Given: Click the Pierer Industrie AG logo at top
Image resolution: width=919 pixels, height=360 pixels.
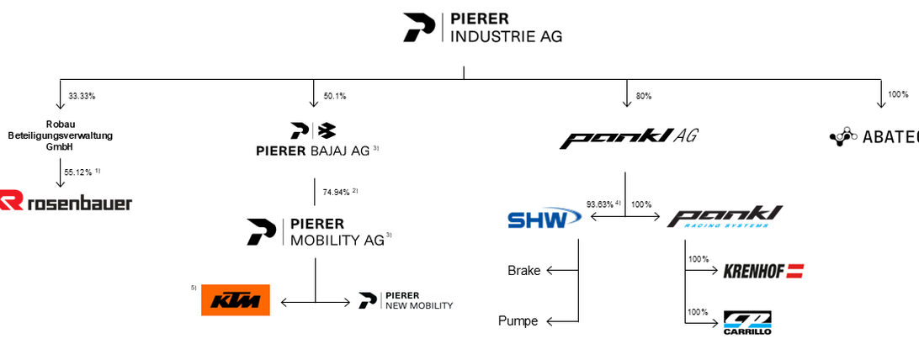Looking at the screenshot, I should pyautogui.click(x=482, y=27).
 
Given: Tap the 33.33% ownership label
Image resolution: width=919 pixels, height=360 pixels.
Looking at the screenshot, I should pyautogui.click(x=82, y=96).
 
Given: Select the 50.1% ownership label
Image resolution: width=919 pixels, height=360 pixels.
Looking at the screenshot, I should pyautogui.click(x=335, y=96).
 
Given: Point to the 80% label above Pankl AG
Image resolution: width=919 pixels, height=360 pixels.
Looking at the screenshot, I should pyautogui.click(x=644, y=96).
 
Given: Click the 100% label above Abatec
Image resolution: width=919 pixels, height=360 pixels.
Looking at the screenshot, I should pyautogui.click(x=898, y=94).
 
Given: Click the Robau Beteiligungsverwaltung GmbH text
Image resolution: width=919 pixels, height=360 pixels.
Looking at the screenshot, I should pyautogui.click(x=61, y=135).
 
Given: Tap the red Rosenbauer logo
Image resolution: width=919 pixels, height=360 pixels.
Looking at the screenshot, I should pyautogui.click(x=66, y=202).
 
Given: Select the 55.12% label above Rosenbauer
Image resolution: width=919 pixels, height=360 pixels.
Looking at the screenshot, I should pyautogui.click(x=81, y=172).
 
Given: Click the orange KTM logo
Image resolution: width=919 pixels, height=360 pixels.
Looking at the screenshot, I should pyautogui.click(x=236, y=299).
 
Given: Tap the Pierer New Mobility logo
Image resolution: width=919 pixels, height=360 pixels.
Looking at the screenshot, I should pyautogui.click(x=406, y=300).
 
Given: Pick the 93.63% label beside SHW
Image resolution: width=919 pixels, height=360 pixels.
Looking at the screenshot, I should pyautogui.click(x=603, y=204).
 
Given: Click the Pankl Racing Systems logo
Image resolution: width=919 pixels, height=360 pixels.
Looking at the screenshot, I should pyautogui.click(x=725, y=217).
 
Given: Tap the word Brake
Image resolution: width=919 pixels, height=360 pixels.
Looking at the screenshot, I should pyautogui.click(x=523, y=271).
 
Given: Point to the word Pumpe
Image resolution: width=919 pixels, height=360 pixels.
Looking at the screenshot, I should pyautogui.click(x=518, y=320).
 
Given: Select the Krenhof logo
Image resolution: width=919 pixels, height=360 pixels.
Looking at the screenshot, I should pyautogui.click(x=763, y=271).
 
